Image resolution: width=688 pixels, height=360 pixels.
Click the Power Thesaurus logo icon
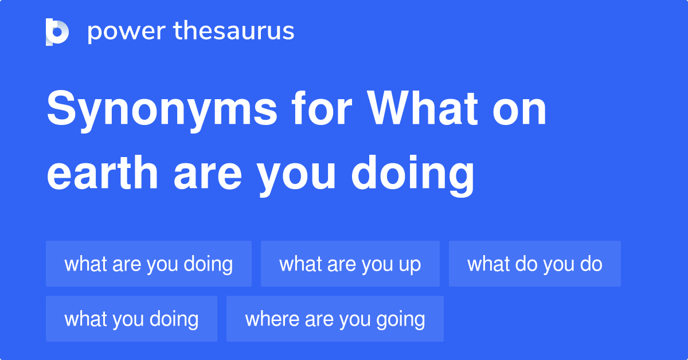pyautogui.click(x=57, y=32)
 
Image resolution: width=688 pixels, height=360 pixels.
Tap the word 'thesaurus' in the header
pyautogui.click(x=233, y=32)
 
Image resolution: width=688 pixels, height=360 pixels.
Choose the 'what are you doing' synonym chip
pyautogui.click(x=148, y=264)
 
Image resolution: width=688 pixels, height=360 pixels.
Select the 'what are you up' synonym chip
pyautogui.click(x=350, y=264)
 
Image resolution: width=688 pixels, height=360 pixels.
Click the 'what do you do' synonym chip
pyautogui.click(x=534, y=264)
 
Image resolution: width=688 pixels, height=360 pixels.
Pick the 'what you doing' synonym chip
pyautogui.click(x=131, y=319)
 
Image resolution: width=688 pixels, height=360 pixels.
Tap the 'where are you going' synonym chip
pyautogui.click(x=335, y=319)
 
